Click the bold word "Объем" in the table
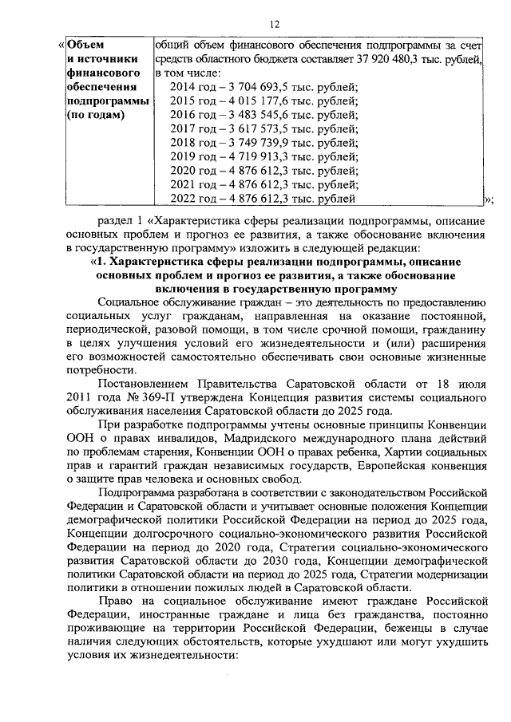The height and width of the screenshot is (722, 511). tap(85, 45)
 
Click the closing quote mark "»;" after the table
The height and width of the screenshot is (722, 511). tap(489, 200)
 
